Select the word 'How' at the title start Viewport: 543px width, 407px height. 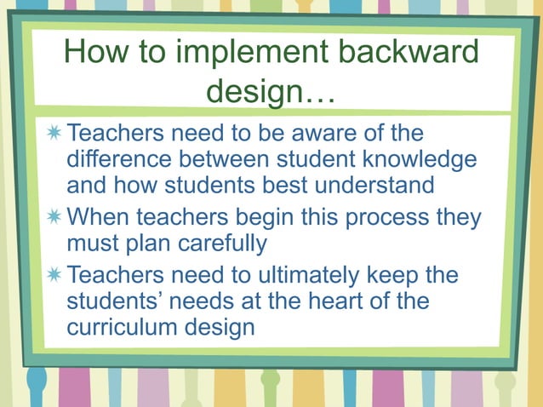93,54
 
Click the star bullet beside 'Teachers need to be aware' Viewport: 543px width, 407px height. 54,134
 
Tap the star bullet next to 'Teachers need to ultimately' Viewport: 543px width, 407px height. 54,276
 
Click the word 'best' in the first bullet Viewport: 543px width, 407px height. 272,185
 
